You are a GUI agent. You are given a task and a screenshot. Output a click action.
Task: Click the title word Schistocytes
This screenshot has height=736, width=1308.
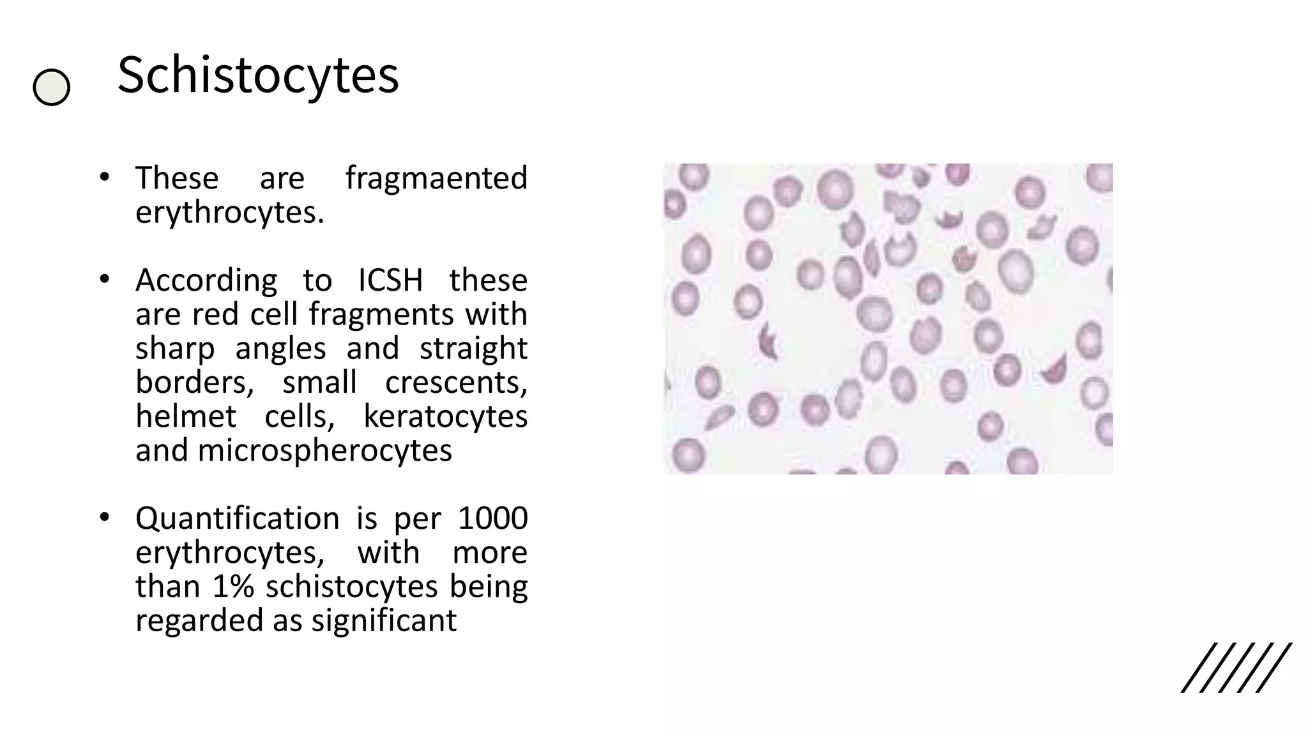(258, 75)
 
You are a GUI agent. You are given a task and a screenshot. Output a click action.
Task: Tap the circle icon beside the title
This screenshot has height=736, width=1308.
(51, 87)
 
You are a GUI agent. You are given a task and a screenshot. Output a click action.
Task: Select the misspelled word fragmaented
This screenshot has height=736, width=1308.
(436, 178)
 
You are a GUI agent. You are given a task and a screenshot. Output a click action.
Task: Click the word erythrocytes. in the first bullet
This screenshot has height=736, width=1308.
(230, 212)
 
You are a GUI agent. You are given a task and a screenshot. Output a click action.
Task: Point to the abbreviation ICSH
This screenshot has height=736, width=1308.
(390, 280)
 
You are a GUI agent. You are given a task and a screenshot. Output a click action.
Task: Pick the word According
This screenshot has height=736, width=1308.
(206, 280)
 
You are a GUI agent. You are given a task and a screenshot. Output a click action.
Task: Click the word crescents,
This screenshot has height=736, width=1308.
(456, 382)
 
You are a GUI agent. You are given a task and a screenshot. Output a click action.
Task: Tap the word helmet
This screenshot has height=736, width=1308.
(186, 417)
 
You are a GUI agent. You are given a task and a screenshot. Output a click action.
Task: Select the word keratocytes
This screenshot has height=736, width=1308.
(445, 417)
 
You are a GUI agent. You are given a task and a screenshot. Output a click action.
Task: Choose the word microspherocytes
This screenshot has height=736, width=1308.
(324, 450)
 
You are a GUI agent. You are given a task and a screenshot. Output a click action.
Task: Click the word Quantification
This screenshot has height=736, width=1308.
(237, 518)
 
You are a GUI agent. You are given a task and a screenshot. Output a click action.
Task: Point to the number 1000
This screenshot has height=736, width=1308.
(492, 518)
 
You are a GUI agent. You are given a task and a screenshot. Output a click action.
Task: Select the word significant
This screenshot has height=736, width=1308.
(384, 620)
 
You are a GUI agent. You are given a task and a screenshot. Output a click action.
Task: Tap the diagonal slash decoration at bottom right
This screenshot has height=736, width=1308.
(1236, 668)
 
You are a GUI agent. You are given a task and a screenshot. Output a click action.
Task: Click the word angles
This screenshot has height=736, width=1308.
(280, 349)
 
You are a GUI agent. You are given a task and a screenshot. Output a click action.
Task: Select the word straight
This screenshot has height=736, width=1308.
(473, 349)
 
